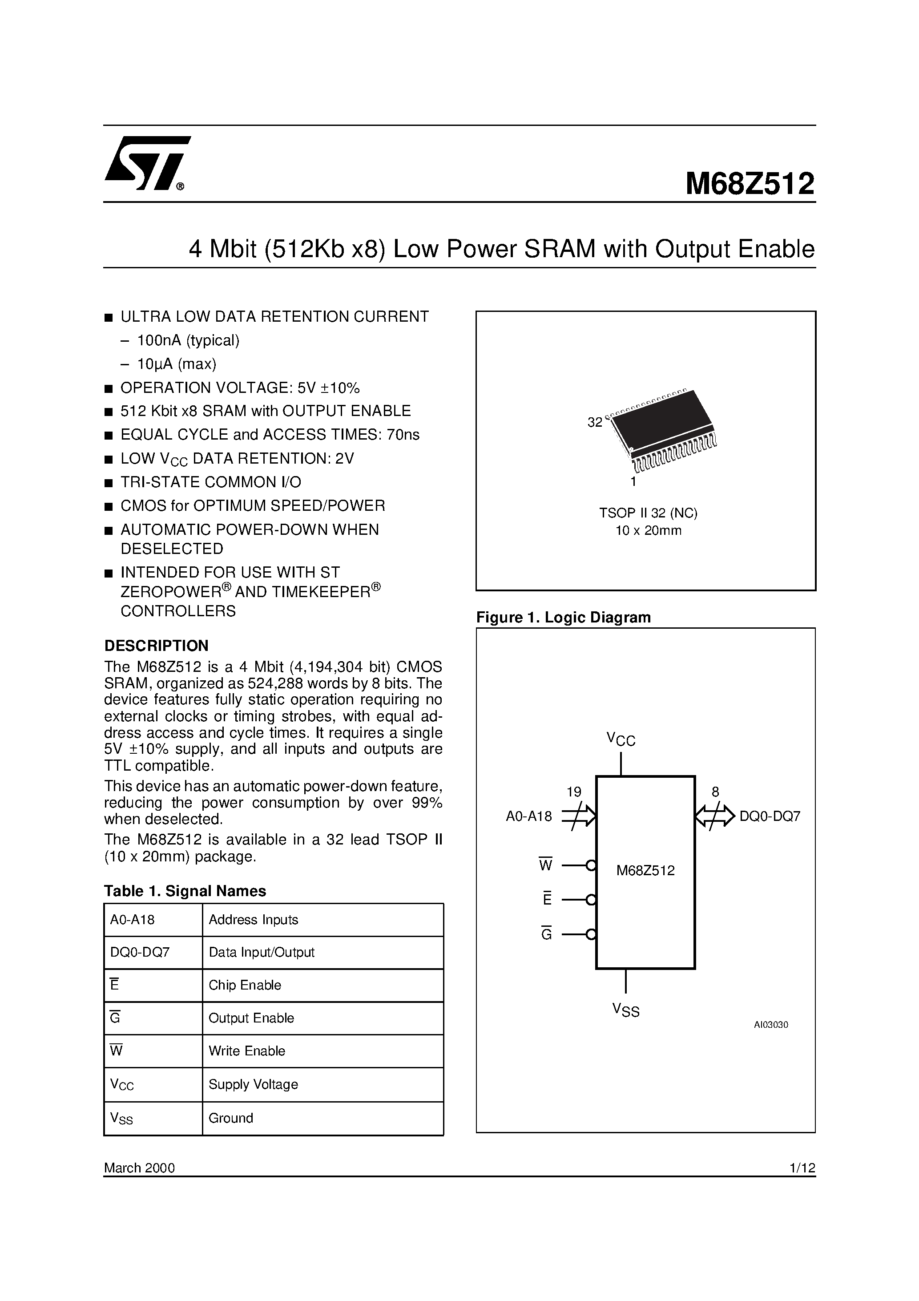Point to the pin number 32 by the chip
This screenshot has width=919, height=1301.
[x=594, y=423]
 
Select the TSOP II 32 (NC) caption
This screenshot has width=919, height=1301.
[x=648, y=513]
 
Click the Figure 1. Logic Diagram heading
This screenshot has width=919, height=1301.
[x=563, y=618]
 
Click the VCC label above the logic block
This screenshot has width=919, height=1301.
[x=621, y=739]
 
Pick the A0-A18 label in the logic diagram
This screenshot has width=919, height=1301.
[x=528, y=816]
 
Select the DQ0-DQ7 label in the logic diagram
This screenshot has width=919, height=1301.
[x=770, y=816]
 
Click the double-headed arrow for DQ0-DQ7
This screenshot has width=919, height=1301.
[x=714, y=816]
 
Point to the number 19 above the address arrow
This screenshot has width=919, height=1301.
[x=573, y=792]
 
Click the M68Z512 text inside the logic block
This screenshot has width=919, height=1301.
[x=645, y=870]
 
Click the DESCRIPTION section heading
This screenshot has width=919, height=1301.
[x=157, y=646]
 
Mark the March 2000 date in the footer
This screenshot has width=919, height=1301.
[x=139, y=1168]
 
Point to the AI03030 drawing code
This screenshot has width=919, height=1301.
[x=770, y=1025]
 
